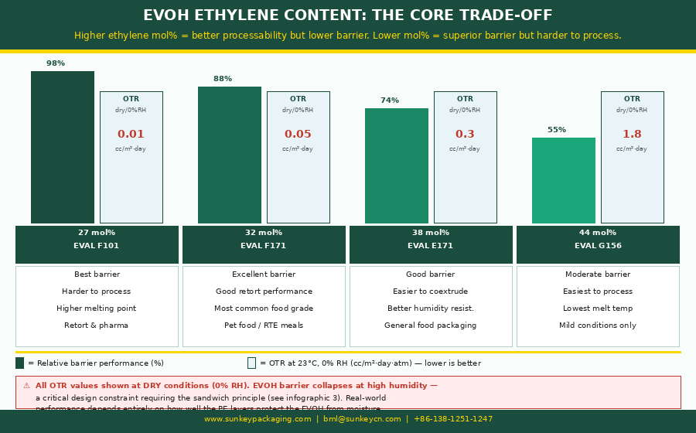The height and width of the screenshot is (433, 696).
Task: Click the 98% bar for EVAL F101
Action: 63,147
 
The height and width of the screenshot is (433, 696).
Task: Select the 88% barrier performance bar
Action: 230,155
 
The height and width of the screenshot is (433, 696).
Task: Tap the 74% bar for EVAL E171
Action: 397,165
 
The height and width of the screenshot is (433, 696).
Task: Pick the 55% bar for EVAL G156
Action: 564,180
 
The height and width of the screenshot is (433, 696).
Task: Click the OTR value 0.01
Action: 131,135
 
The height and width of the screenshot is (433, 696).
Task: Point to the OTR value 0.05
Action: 298,135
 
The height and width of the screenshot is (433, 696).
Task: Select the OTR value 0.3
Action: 465,135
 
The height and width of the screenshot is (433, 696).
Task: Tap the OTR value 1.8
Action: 632,135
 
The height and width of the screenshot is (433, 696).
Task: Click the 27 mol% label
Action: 97,233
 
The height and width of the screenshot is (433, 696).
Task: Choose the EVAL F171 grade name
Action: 263,246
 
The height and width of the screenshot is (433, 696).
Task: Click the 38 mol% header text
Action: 431,233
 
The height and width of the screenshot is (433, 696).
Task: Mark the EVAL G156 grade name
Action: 598,246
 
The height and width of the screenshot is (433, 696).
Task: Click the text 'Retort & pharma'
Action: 97,326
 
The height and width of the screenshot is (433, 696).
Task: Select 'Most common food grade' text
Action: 263,309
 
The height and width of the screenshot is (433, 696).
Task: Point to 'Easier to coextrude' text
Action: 431,292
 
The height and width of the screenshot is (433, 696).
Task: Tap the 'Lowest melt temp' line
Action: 598,309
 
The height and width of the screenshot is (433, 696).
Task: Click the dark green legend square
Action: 20,363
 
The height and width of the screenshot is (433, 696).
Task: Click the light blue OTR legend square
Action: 251,363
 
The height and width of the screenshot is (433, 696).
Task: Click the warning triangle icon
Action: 26,386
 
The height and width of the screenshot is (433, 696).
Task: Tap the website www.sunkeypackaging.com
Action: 258,419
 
